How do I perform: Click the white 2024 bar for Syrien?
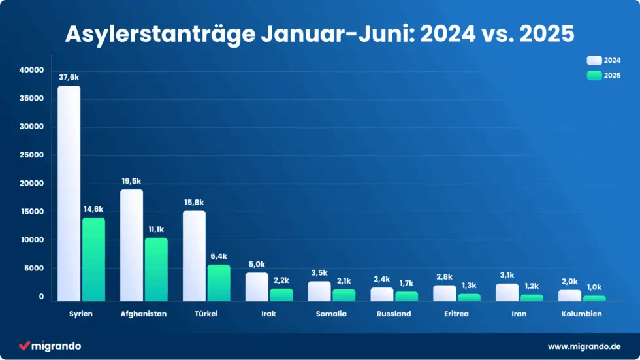69,193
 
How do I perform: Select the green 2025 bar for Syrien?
93,259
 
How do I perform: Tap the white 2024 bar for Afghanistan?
131,245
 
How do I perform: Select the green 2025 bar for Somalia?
344,295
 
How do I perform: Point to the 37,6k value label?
69,78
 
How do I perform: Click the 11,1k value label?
156,229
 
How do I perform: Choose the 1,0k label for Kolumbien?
594,287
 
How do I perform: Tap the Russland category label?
394,314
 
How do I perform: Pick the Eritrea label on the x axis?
456,314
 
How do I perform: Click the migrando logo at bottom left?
50,346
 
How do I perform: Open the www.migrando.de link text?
584,346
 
